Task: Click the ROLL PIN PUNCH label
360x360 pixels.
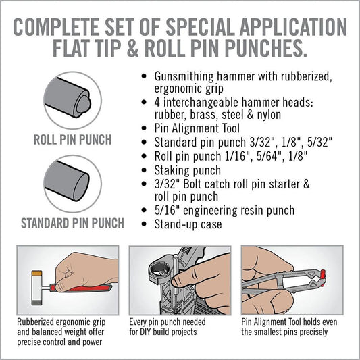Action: pos(72,140)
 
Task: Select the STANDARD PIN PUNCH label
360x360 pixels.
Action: pos(72,223)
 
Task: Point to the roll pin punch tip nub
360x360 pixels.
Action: pos(84,104)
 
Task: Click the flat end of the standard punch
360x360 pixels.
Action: pos(82,187)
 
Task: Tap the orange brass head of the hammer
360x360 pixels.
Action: pos(36,273)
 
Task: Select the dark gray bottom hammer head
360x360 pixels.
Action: pos(36,303)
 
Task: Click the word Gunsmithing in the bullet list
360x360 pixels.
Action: pos(184,77)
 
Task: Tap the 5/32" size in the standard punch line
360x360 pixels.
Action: pos(319,142)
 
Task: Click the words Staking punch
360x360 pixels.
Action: pos(188,170)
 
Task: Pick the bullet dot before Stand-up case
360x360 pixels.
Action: pos(144,224)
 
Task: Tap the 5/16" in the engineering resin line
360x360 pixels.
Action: pos(167,210)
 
